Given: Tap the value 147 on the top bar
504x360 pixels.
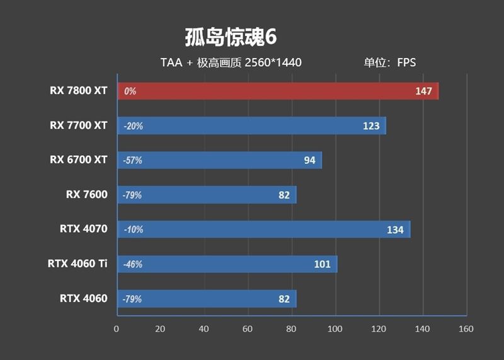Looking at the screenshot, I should pyautogui.click(x=423, y=91).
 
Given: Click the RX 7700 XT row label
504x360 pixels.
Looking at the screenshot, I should pyautogui.click(x=79, y=125).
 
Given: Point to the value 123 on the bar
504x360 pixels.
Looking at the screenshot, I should pyautogui.click(x=371, y=126).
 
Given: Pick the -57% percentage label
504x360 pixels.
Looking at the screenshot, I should pyautogui.click(x=134, y=161).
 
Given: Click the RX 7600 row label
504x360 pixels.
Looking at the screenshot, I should pyautogui.click(x=87, y=195).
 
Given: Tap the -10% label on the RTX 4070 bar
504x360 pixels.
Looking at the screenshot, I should pyautogui.click(x=134, y=229).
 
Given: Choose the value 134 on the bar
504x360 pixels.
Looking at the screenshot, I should pyautogui.click(x=395, y=230).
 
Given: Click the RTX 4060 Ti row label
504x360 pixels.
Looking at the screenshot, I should pyautogui.click(x=77, y=264).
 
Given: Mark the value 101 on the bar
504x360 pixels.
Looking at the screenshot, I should pyautogui.click(x=322, y=264).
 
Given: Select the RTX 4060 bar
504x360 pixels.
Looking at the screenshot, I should pyautogui.click(x=208, y=299).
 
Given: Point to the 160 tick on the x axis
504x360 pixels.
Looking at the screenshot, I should pyautogui.click(x=466, y=329).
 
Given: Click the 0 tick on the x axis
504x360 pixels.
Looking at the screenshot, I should pyautogui.click(x=117, y=329).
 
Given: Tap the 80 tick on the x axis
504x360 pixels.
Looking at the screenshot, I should pyautogui.click(x=291, y=329).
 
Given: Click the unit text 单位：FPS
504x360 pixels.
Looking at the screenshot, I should pyautogui.click(x=389, y=62).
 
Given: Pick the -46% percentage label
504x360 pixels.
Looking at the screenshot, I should pyautogui.click(x=134, y=264).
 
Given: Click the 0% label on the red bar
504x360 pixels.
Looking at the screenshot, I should pyautogui.click(x=130, y=91).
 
